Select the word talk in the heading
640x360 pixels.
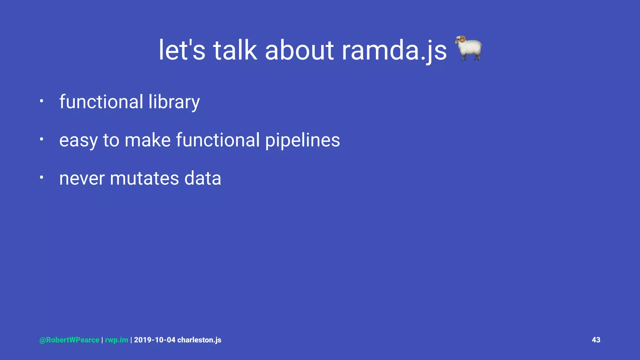(235, 50)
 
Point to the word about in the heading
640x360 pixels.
(299, 50)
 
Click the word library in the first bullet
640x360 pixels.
(174, 102)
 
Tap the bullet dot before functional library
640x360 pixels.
(41, 101)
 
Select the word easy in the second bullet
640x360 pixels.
(78, 140)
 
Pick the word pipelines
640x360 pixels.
(302, 140)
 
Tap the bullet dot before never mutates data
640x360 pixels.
(41, 177)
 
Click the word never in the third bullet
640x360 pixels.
(82, 178)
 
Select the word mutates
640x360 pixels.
(144, 178)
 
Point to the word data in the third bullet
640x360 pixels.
(202, 178)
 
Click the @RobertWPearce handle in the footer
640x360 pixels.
(69, 340)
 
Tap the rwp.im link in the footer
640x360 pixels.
(117, 340)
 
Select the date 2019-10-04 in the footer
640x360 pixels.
(155, 340)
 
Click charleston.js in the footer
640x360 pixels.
(199, 340)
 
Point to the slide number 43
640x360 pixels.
(596, 340)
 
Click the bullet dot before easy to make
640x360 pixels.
(41, 139)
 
